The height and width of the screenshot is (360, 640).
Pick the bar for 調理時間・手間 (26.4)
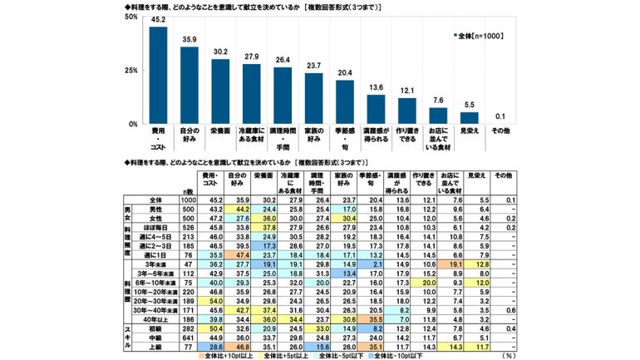coord(283,96)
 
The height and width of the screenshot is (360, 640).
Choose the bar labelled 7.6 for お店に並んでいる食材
coord(438,116)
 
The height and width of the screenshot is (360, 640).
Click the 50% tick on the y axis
coord(132,16)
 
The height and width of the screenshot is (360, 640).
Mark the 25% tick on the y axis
coord(132,70)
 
